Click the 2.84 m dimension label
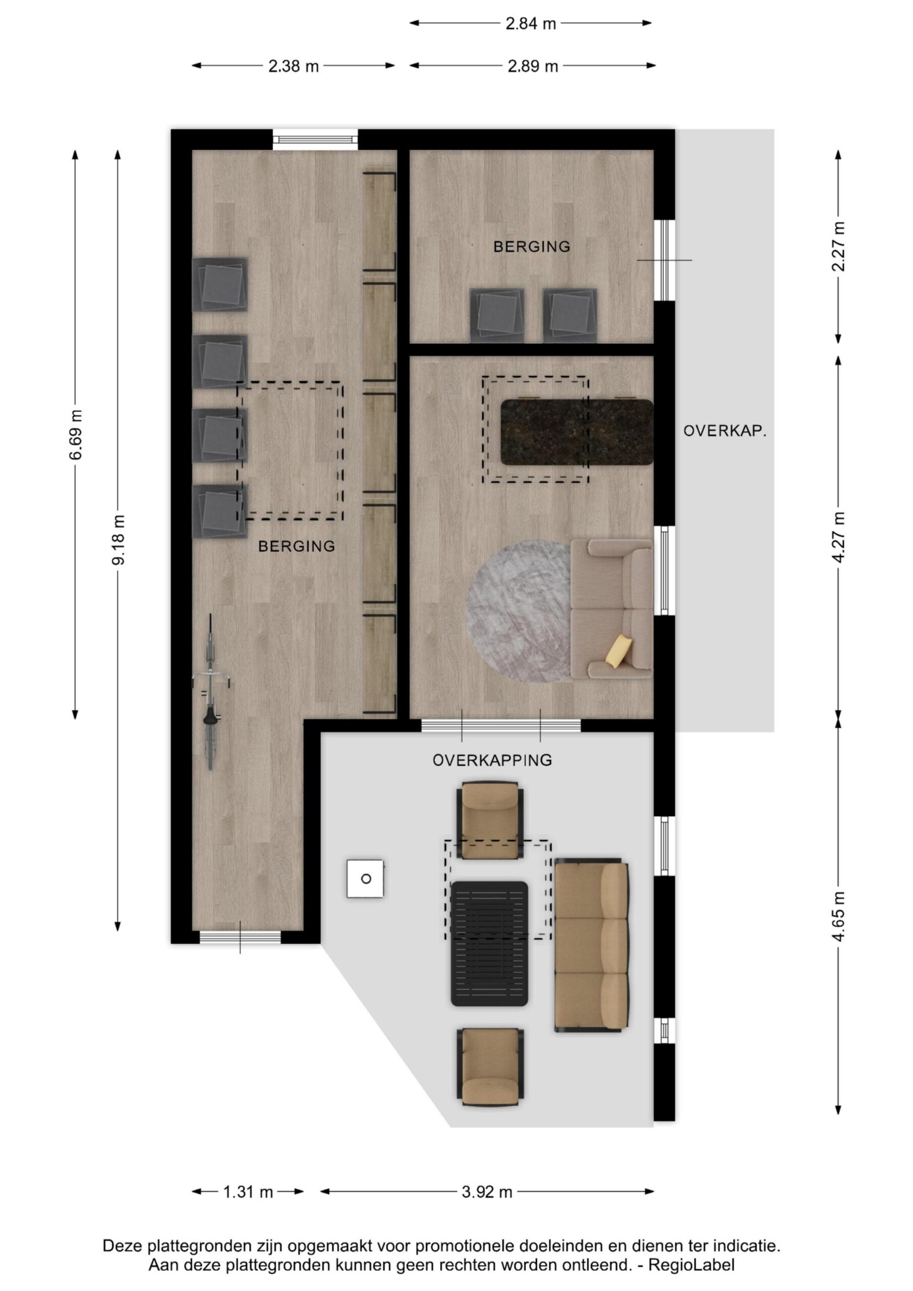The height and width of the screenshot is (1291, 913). (531, 24)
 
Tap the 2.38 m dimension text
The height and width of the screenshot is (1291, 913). (293, 67)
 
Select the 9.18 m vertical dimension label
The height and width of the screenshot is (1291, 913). (118, 540)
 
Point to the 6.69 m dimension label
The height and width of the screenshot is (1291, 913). (75, 435)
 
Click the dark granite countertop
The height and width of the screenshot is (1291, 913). (577, 432)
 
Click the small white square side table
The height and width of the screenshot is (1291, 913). (366, 878)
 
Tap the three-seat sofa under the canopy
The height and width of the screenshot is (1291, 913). (591, 945)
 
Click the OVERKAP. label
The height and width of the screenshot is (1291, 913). (725, 431)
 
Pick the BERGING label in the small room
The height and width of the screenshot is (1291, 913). (532, 246)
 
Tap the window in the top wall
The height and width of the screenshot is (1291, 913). (315, 140)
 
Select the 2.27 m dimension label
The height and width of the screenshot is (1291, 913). (838, 246)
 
